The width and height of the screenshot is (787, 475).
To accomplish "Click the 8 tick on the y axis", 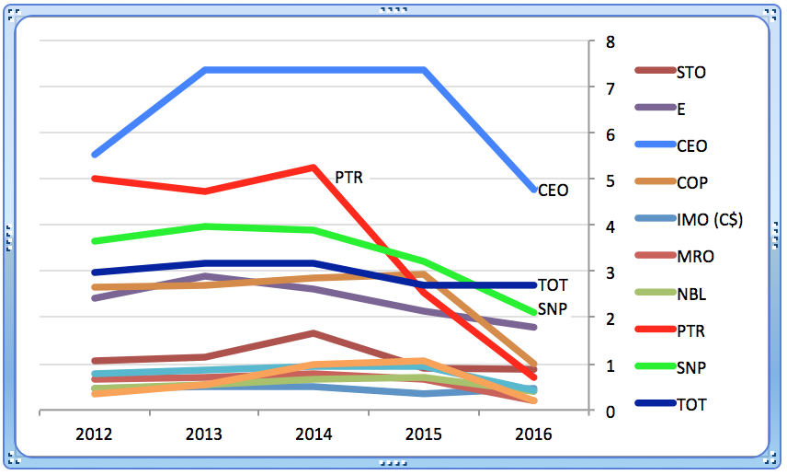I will point(608,41).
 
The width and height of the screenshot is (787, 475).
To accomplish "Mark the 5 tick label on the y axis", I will point(608,180).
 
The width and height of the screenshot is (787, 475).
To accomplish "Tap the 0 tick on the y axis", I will point(608,411).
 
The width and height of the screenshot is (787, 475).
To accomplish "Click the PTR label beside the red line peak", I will point(348,177).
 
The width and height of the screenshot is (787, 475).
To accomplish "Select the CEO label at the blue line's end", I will point(553,191).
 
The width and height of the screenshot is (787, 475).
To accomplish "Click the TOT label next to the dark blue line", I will point(553,285).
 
